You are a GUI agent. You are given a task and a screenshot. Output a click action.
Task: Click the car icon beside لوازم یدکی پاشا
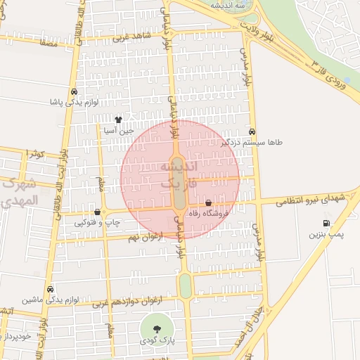[x=74, y=92]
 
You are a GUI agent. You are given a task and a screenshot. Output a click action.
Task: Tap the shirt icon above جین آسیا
[x=118, y=120]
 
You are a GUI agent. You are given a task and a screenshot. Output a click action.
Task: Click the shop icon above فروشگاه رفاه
[x=209, y=202]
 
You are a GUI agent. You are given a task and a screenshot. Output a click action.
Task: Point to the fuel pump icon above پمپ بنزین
[x=326, y=223]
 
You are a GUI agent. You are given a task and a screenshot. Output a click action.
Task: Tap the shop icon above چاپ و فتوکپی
[x=97, y=212]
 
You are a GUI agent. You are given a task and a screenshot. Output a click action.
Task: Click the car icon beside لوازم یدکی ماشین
[x=50, y=289]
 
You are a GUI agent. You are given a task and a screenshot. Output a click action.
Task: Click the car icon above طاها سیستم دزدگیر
[x=252, y=131]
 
